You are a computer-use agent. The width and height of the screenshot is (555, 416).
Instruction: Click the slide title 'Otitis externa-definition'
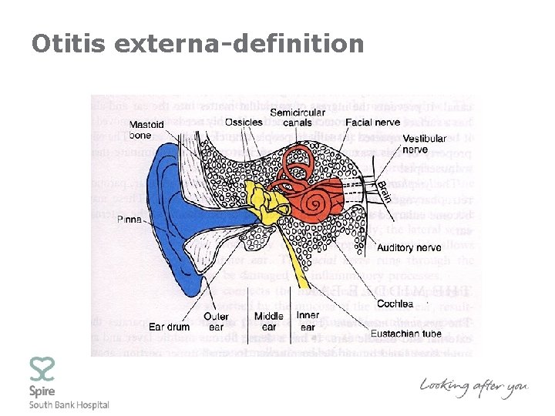click(197, 43)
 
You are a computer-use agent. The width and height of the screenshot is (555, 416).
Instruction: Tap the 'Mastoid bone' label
click(146, 130)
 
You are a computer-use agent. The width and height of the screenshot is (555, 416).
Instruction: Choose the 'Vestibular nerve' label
click(425, 143)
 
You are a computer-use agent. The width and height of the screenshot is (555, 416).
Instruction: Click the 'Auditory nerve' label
click(409, 248)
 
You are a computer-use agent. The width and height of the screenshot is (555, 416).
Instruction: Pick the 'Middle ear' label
click(269, 321)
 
